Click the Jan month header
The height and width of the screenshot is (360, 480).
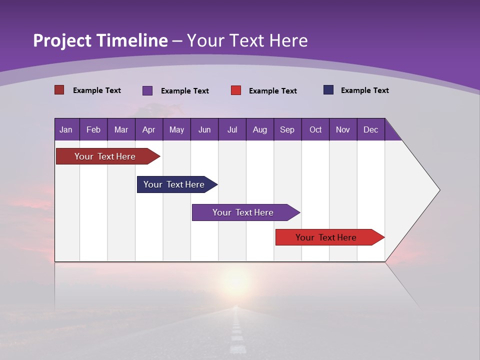[x=66, y=130]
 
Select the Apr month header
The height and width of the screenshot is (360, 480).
[x=148, y=130]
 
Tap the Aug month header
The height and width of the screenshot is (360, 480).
[x=259, y=130]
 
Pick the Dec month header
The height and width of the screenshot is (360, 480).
[x=370, y=130]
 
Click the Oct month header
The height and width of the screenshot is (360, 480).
[x=315, y=130]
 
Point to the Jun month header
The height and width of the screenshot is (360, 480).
[x=204, y=130]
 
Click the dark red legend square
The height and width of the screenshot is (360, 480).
[x=59, y=90]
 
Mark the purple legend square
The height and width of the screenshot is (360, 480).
[x=147, y=90]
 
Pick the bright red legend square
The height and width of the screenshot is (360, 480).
[x=236, y=90]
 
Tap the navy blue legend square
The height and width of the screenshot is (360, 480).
[x=328, y=90]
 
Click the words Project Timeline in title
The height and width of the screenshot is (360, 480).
[x=100, y=40]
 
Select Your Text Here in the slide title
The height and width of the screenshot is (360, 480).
[x=247, y=40]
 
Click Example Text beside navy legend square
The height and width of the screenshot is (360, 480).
[x=364, y=90]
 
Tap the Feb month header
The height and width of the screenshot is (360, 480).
[x=93, y=130]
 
